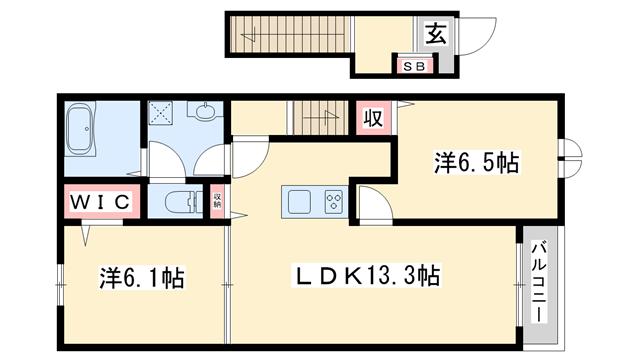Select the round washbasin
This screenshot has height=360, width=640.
tap(206, 112)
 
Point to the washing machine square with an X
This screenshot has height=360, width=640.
tap(161, 112)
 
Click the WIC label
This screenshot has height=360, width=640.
tap(100, 201)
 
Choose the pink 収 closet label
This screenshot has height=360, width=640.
tap(372, 119)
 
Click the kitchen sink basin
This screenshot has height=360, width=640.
tap(301, 201)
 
